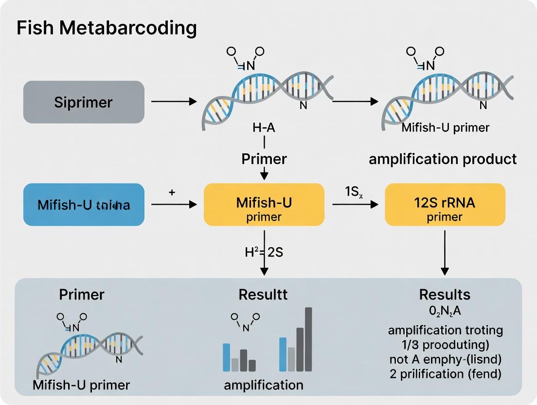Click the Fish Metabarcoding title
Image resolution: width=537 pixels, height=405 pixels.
(x=107, y=29)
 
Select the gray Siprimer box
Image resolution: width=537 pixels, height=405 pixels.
(x=84, y=102)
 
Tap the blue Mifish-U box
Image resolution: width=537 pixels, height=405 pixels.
(x=84, y=205)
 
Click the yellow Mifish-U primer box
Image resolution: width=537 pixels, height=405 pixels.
(x=264, y=205)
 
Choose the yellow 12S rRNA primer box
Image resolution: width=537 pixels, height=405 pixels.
(x=445, y=205)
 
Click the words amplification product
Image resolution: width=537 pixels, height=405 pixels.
(x=443, y=159)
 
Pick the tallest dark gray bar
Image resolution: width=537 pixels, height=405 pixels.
(x=308, y=339)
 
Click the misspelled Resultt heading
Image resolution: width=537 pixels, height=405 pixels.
(x=263, y=295)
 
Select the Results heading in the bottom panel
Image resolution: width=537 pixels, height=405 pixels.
(x=445, y=295)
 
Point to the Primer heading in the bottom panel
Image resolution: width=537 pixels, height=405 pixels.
(x=82, y=295)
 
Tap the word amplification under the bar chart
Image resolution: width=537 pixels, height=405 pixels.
(x=263, y=385)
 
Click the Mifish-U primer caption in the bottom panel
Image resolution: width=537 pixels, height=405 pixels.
(x=81, y=385)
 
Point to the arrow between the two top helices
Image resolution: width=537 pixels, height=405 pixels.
(x=355, y=102)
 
